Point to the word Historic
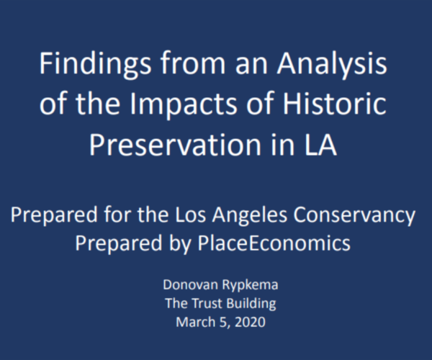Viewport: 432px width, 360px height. (x=335, y=102)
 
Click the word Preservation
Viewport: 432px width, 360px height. (x=175, y=144)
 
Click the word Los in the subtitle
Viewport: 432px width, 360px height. (x=190, y=215)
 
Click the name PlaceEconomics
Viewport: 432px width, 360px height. (x=274, y=243)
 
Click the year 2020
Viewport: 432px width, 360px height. (x=250, y=323)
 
